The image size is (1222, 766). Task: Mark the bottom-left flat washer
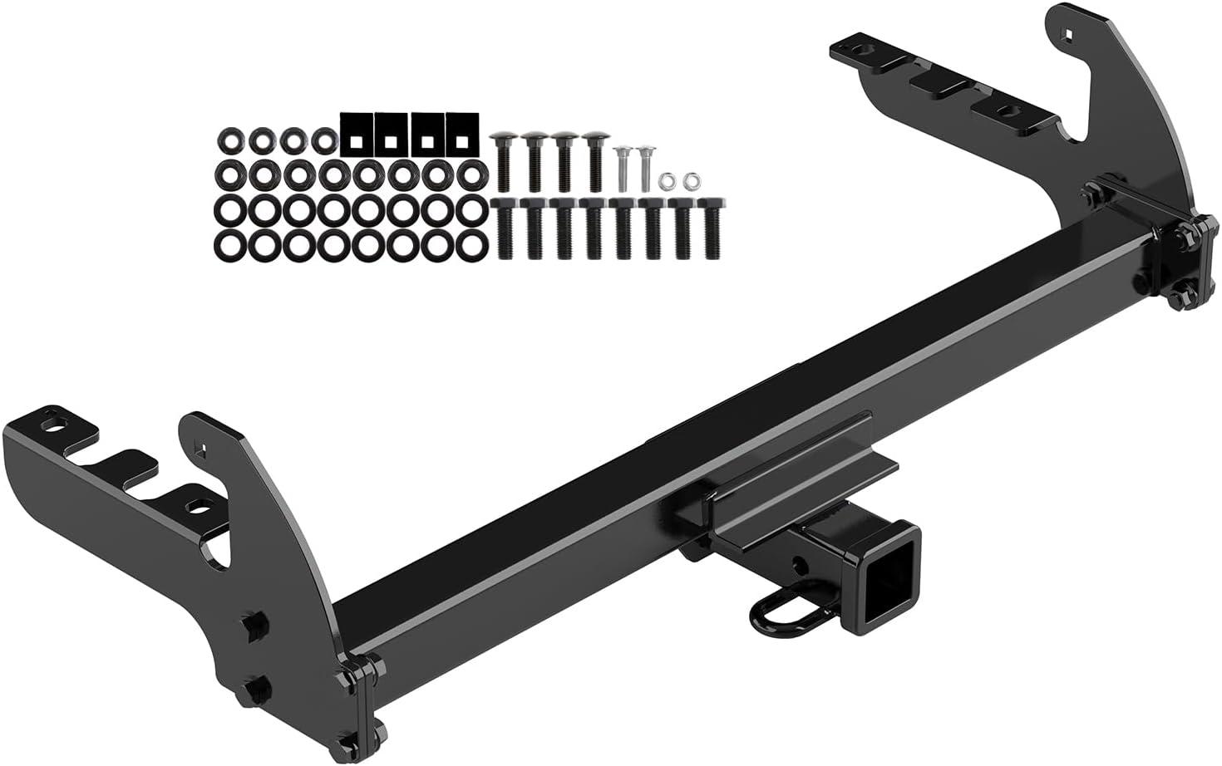pyautogui.click(x=228, y=243)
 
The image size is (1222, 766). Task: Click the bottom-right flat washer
pyautogui.click(x=474, y=243)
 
